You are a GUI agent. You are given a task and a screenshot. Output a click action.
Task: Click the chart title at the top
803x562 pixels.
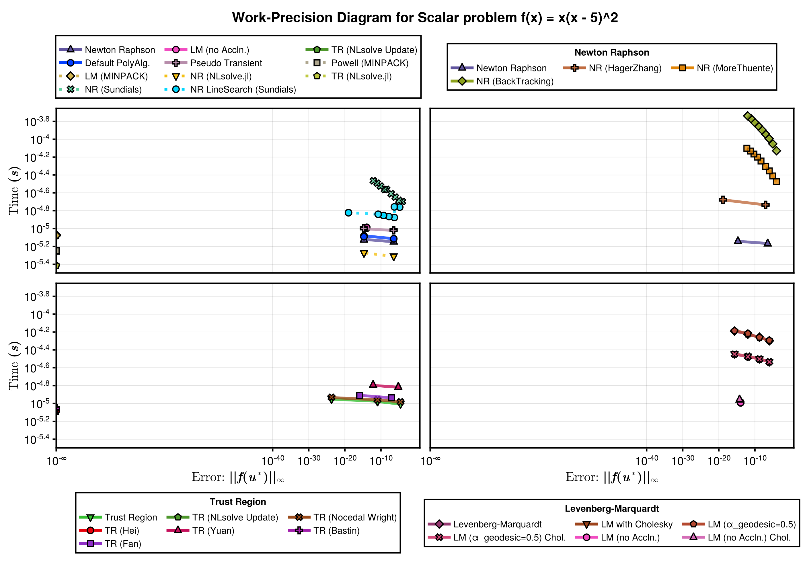click(x=425, y=17)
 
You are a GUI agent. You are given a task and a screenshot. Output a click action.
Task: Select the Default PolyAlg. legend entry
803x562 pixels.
click(x=105, y=63)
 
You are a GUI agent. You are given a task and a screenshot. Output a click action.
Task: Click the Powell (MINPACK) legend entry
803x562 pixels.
click(x=357, y=63)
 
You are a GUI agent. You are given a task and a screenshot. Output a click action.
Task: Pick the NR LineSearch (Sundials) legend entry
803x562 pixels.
click(x=231, y=89)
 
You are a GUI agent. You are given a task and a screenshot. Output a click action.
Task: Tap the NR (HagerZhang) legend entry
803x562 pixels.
click(x=612, y=68)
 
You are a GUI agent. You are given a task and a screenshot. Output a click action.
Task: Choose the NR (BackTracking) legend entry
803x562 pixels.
click(x=502, y=81)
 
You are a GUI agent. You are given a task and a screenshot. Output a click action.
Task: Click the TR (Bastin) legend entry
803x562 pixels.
click(x=323, y=530)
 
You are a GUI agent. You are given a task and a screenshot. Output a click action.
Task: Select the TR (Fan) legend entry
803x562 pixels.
click(x=110, y=544)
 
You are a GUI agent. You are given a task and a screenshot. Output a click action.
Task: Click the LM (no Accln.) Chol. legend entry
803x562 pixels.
click(x=736, y=538)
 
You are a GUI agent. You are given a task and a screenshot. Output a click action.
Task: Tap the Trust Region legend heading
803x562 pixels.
click(x=238, y=502)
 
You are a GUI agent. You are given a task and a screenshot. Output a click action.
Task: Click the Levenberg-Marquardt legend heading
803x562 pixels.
click(x=612, y=509)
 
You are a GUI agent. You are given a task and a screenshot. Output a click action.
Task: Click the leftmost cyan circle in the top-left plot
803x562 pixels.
click(x=348, y=213)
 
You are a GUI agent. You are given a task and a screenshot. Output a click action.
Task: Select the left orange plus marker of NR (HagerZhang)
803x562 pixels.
click(x=723, y=200)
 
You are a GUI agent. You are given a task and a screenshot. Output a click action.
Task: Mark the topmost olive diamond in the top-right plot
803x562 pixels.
click(x=748, y=116)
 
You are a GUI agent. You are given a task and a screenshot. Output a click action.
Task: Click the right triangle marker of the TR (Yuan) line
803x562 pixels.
click(x=398, y=387)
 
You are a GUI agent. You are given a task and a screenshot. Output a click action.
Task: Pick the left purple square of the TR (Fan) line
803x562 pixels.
click(x=360, y=395)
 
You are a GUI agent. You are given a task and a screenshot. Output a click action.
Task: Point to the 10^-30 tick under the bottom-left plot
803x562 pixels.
click(x=309, y=460)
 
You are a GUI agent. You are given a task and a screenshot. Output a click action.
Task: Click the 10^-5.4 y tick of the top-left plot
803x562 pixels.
click(x=37, y=264)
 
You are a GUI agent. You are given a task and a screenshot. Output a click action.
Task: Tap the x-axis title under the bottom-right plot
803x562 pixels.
click(x=612, y=477)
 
